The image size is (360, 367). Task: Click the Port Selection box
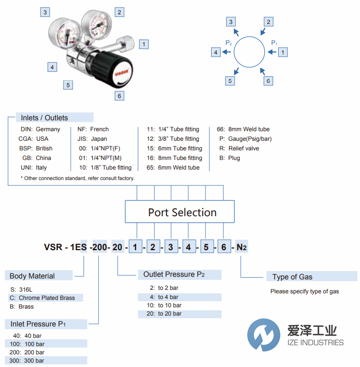180,212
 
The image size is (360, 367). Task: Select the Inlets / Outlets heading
44,118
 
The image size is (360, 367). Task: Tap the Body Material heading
32,276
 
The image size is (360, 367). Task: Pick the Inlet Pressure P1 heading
38,324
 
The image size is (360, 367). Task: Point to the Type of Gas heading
292,277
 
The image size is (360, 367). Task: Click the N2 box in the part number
241,248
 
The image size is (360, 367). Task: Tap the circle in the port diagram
249,51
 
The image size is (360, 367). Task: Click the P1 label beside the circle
274,43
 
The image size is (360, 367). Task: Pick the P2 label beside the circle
229,43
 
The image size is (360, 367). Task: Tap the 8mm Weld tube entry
244,129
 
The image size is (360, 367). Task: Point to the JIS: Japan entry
89,139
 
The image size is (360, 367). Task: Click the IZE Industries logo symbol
263,334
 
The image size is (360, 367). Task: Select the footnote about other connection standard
77,178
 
